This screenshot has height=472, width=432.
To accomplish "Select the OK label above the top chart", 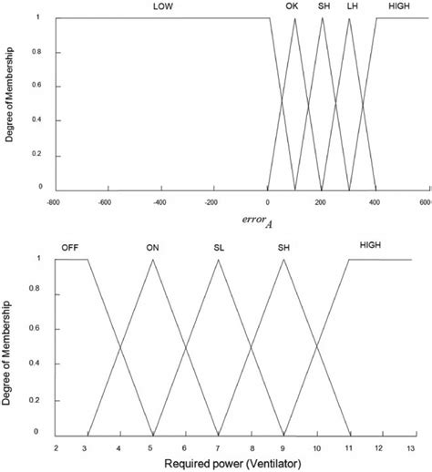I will (292, 6).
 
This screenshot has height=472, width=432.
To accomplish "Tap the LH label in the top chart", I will (352, 6).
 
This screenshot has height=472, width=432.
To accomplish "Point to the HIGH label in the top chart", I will (398, 6).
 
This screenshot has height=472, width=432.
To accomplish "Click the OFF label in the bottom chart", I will (70, 247).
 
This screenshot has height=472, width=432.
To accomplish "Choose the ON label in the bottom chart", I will (152, 247).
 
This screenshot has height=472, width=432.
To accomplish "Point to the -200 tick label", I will (213, 202).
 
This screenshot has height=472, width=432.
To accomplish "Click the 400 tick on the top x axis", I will (374, 202).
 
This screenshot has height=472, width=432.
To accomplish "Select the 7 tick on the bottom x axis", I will (218, 447).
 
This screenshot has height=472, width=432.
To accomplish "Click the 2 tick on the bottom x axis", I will (56, 447).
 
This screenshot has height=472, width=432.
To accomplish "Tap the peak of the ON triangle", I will (153, 260).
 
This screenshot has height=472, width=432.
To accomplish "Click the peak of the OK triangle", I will (294, 19).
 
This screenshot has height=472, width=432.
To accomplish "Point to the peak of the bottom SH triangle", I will (283, 260).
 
